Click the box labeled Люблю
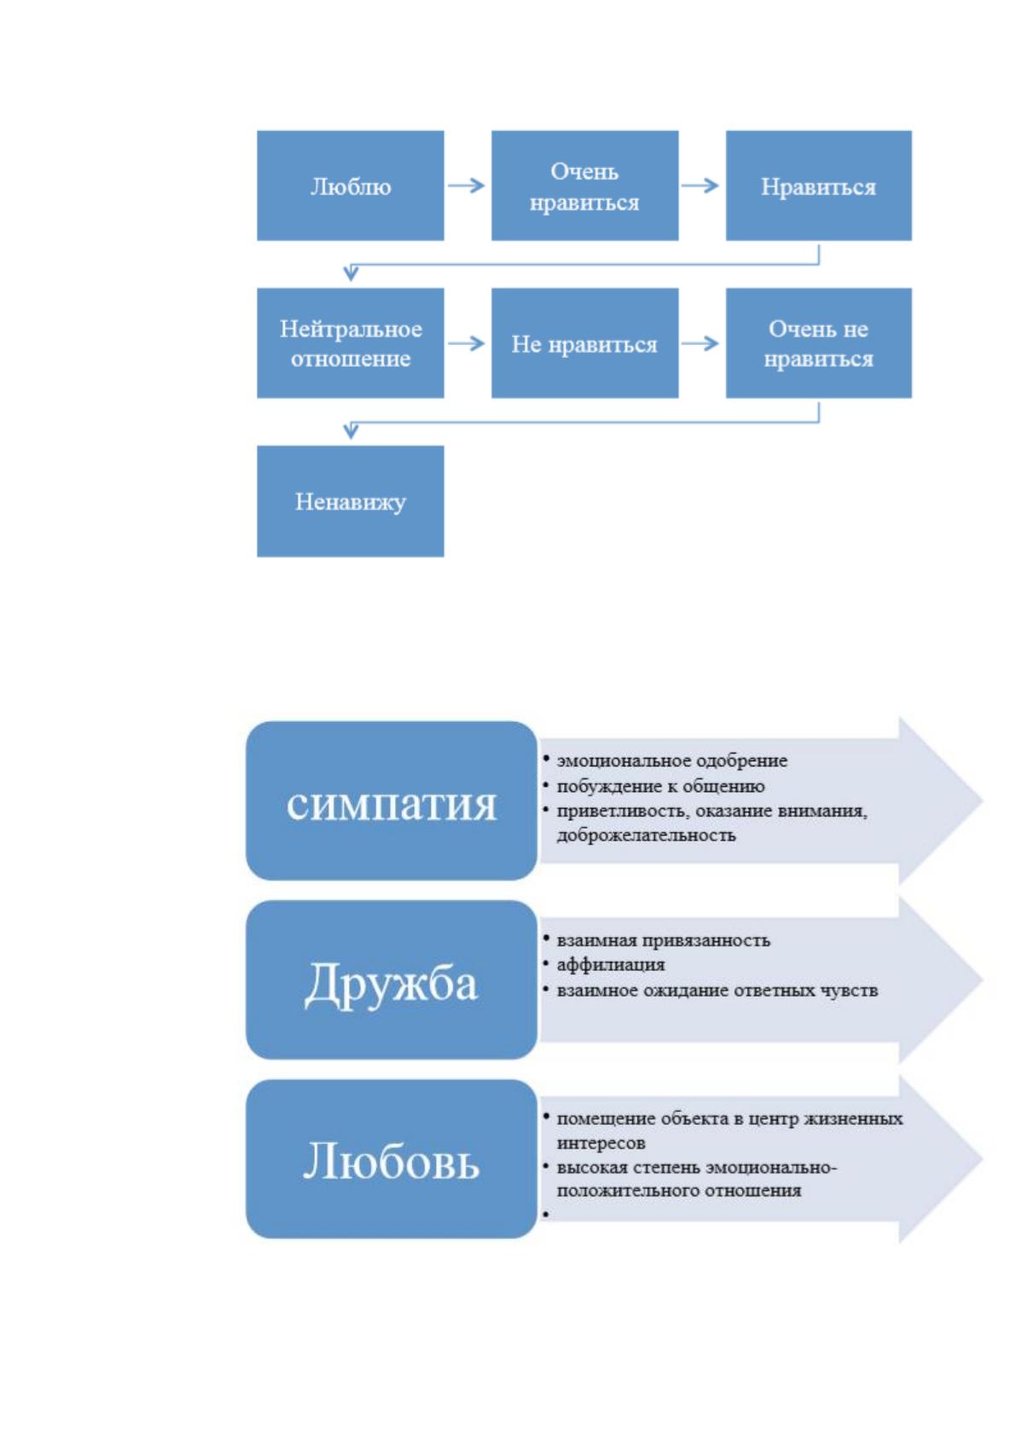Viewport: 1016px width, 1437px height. point(351,185)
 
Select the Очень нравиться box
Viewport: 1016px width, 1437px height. point(585,185)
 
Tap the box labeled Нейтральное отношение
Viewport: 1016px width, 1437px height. point(351,342)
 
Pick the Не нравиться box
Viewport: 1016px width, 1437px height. point(585,342)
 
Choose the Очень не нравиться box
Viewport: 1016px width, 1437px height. point(818,342)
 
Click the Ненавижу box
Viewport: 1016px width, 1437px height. point(351,501)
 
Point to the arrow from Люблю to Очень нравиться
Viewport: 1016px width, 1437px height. point(467,185)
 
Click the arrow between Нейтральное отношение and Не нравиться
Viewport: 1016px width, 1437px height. point(467,343)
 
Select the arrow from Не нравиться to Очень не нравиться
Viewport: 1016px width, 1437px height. point(700,343)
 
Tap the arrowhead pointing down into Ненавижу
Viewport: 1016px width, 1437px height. point(351,431)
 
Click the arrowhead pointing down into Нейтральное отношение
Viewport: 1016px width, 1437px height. point(351,273)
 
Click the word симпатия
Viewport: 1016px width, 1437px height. point(392,805)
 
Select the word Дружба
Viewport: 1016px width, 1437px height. point(392,983)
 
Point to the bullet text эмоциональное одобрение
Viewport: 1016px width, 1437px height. point(671,761)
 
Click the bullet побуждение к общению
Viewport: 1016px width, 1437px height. point(660,786)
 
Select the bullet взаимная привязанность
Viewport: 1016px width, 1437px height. point(663,940)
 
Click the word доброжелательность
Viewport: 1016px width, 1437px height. point(646,835)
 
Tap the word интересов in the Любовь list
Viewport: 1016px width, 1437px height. point(601,1143)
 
